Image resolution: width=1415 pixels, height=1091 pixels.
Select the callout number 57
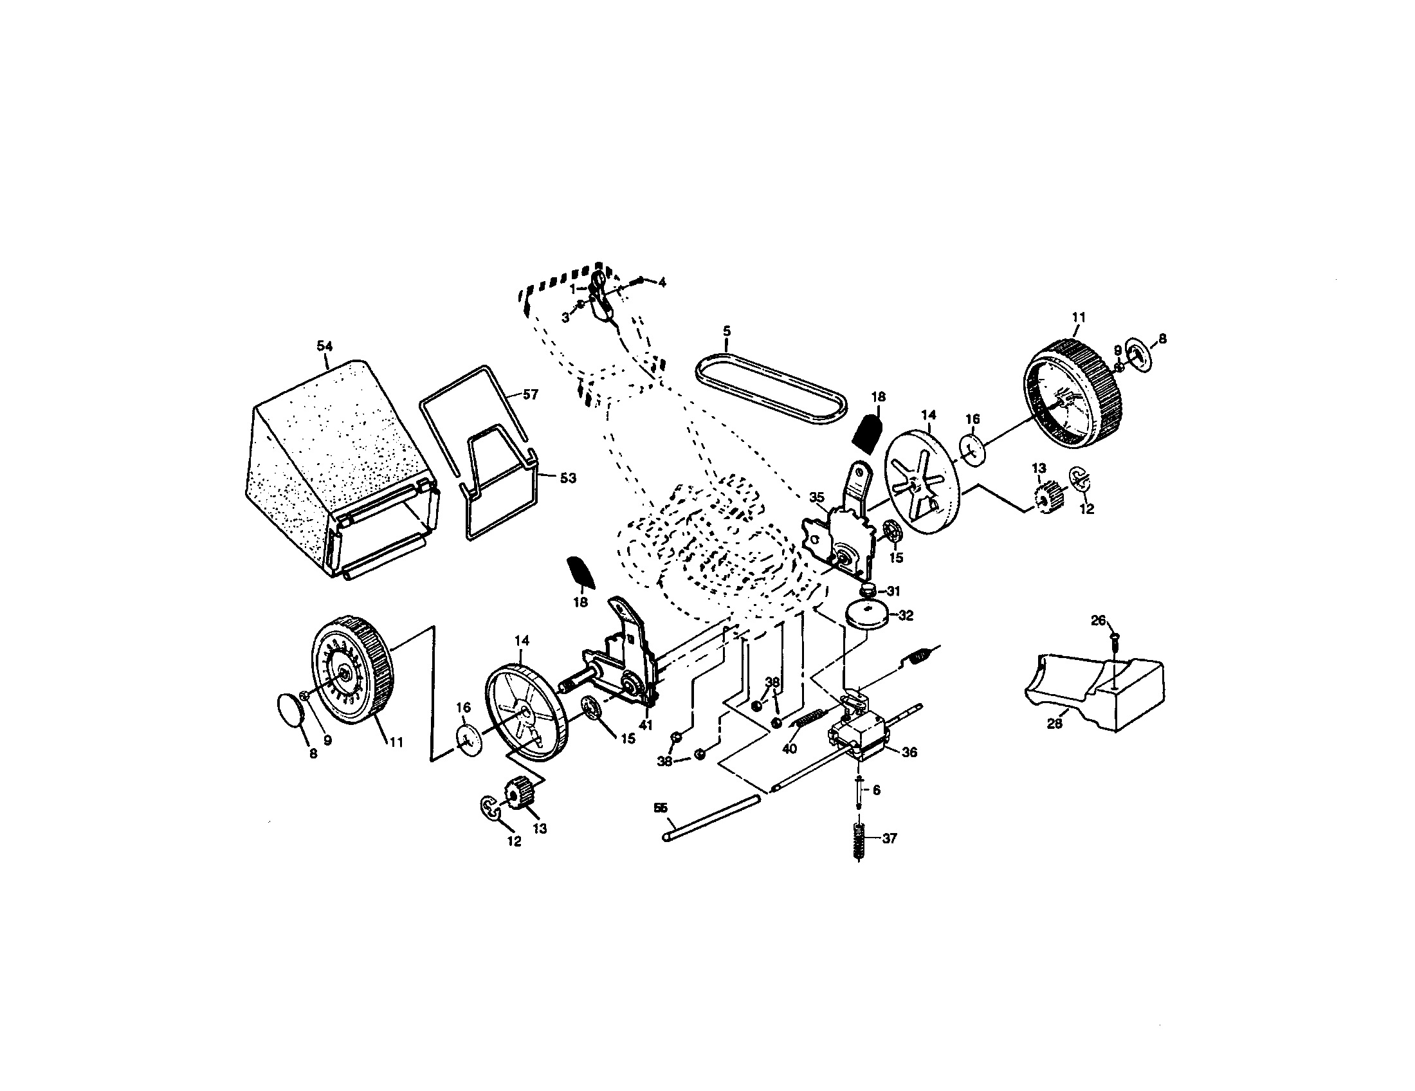[x=530, y=394]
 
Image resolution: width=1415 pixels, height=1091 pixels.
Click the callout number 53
[x=567, y=478]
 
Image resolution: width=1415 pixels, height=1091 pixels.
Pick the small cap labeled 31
[x=868, y=589]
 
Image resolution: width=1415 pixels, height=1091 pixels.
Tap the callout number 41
[x=645, y=725]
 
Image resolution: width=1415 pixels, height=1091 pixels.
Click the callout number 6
[x=876, y=791]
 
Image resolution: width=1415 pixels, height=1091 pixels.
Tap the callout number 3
[x=565, y=317]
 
